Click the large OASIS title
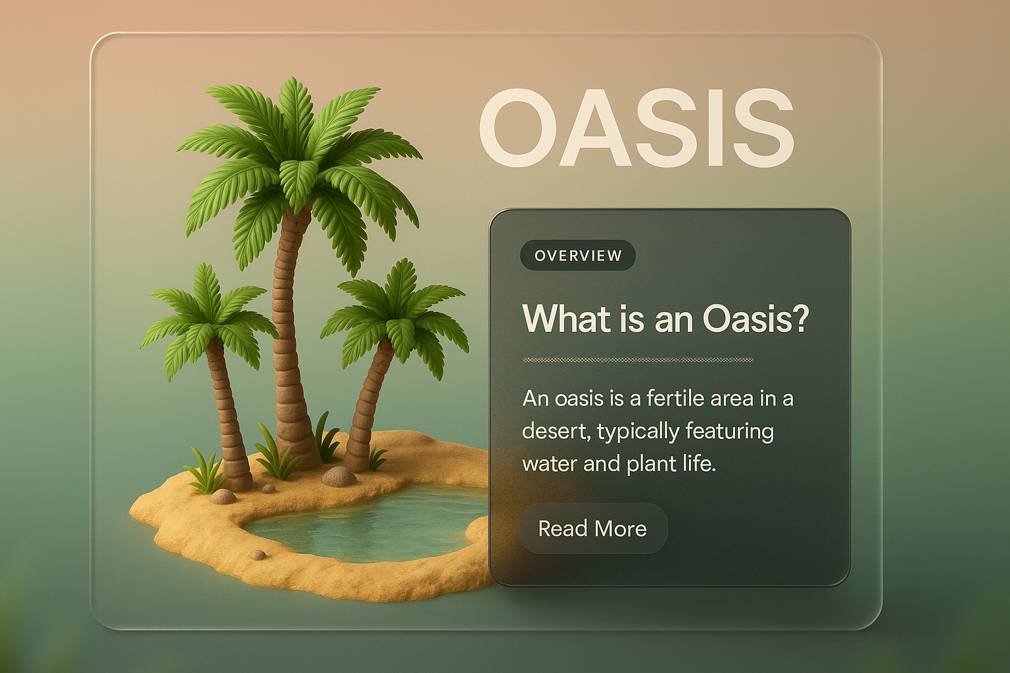pos(636,128)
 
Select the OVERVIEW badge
pos(578,256)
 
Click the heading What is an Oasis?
pos(665,319)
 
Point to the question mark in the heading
pos(798,319)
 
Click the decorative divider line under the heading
pos(637,360)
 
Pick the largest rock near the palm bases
pos(339,476)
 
